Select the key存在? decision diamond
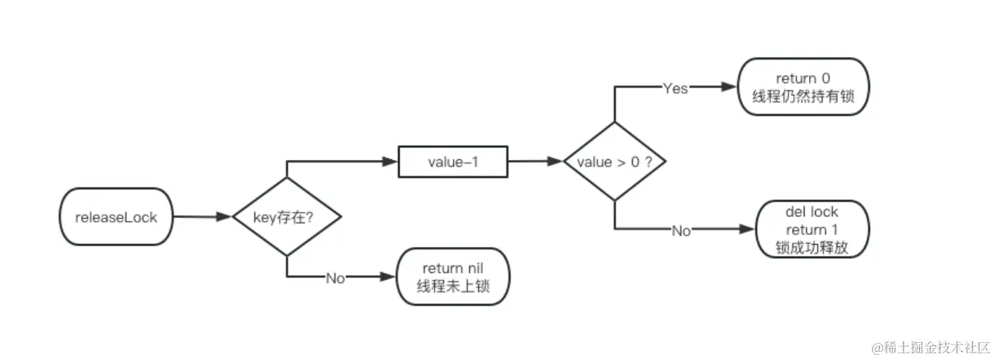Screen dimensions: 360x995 point(286,216)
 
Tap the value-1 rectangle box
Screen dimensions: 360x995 point(454,161)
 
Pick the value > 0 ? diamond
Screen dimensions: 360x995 point(614,161)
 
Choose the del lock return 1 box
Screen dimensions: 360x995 point(811,230)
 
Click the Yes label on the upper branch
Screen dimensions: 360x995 point(675,88)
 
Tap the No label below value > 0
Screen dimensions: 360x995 point(681,231)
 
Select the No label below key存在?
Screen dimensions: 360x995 point(335,277)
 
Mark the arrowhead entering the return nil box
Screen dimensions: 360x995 point(388,277)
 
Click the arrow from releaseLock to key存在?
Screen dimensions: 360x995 point(201,216)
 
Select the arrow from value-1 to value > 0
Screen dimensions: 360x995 point(535,161)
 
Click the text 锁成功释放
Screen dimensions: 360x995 point(811,247)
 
